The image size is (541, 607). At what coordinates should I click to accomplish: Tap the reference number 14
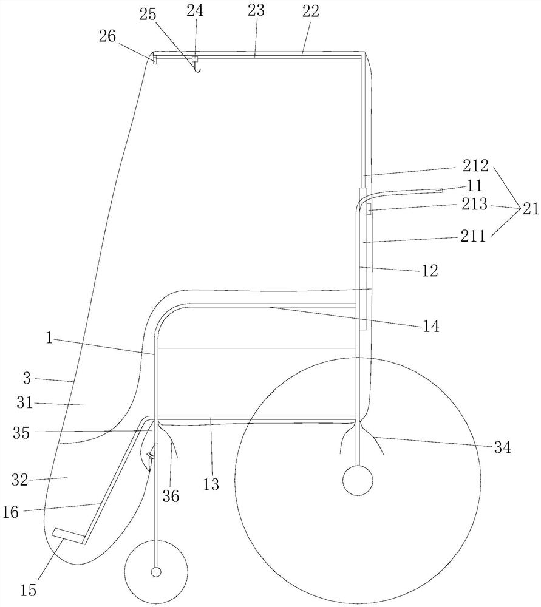coord(432,326)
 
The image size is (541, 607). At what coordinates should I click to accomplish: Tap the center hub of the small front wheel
coord(156,572)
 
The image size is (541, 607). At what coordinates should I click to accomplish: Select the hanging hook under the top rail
coord(196,67)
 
